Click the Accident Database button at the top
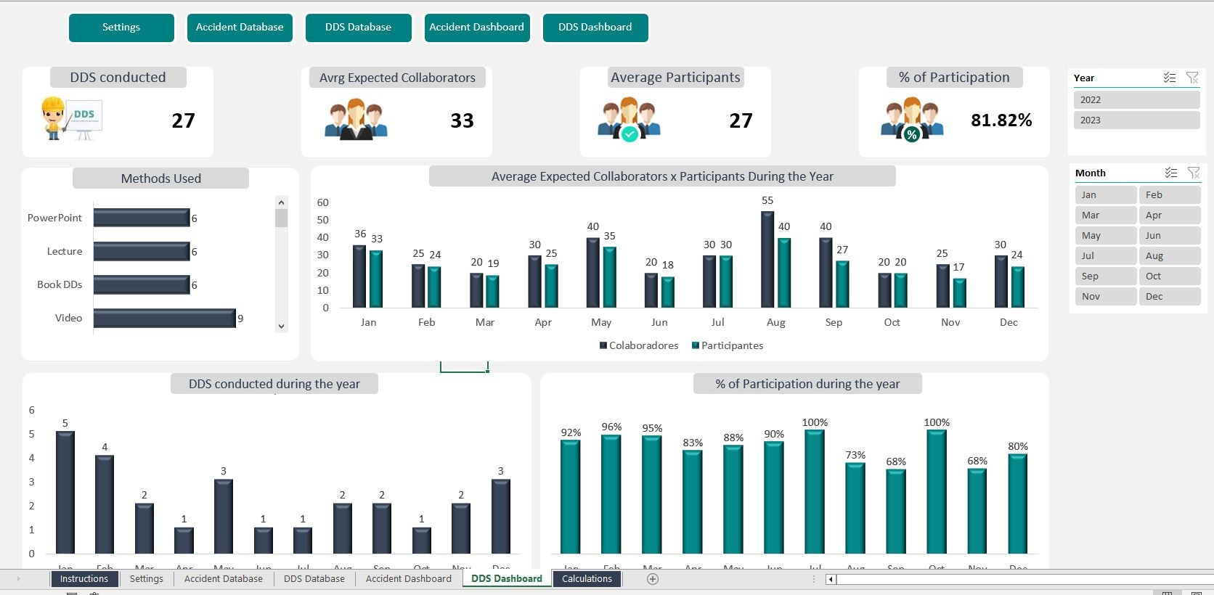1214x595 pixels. [x=240, y=28]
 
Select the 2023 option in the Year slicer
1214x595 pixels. [x=1136, y=120]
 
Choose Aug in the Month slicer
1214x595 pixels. [x=1168, y=256]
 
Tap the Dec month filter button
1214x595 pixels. [x=1168, y=297]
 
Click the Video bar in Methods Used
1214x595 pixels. [x=164, y=319]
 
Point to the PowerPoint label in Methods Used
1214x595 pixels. [x=54, y=218]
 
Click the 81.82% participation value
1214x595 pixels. [x=1001, y=120]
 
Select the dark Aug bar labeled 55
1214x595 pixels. [x=767, y=260]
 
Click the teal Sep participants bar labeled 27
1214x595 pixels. [x=842, y=284]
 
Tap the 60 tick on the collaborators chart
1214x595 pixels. [x=323, y=202]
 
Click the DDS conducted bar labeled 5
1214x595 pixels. [x=65, y=493]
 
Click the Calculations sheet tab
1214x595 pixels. [x=587, y=579]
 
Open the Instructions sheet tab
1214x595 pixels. [x=84, y=579]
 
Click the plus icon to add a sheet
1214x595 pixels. [x=653, y=579]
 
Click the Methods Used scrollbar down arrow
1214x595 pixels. [x=282, y=327]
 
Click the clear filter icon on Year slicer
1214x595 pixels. [x=1191, y=78]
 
